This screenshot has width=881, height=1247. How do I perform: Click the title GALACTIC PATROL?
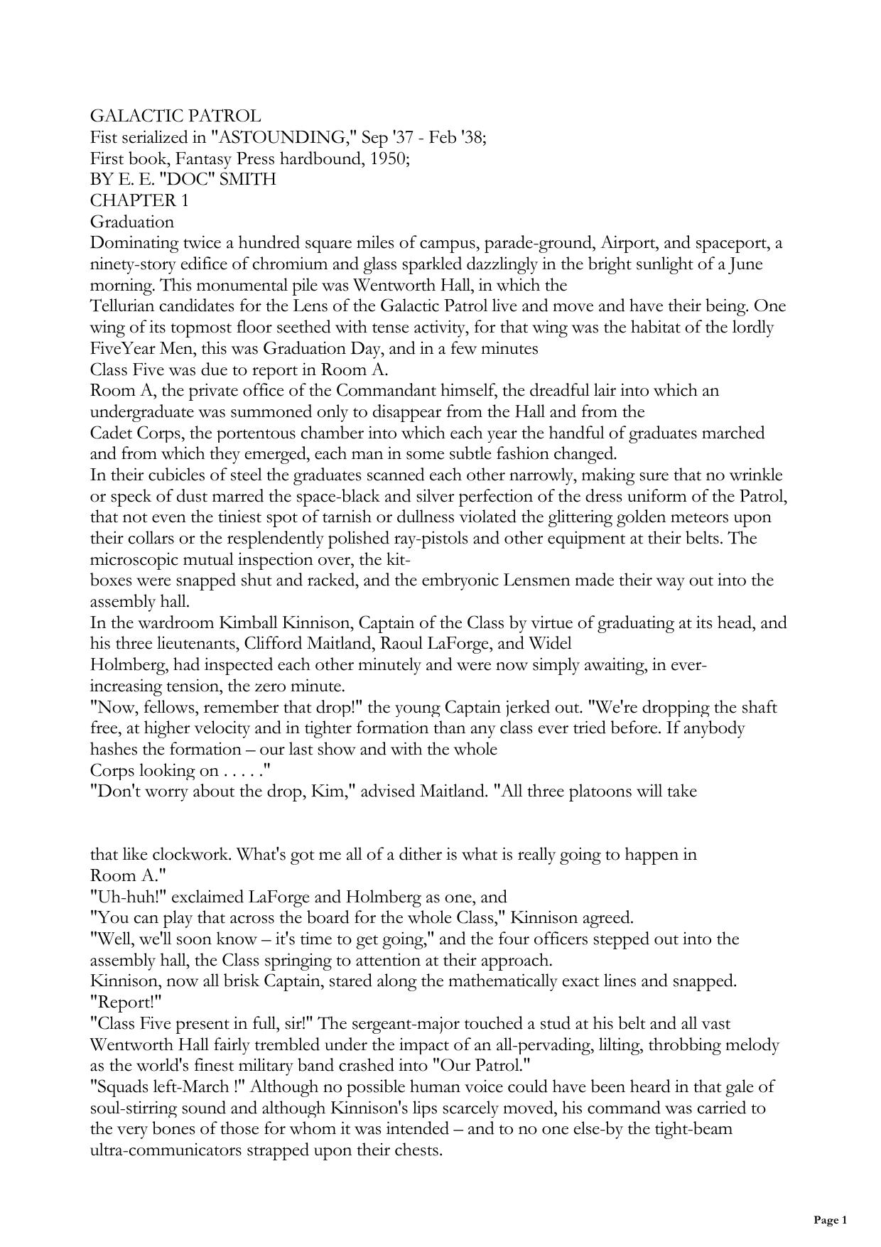175,116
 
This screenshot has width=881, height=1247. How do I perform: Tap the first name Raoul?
405,644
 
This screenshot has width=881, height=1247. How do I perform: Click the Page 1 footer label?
830,1220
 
